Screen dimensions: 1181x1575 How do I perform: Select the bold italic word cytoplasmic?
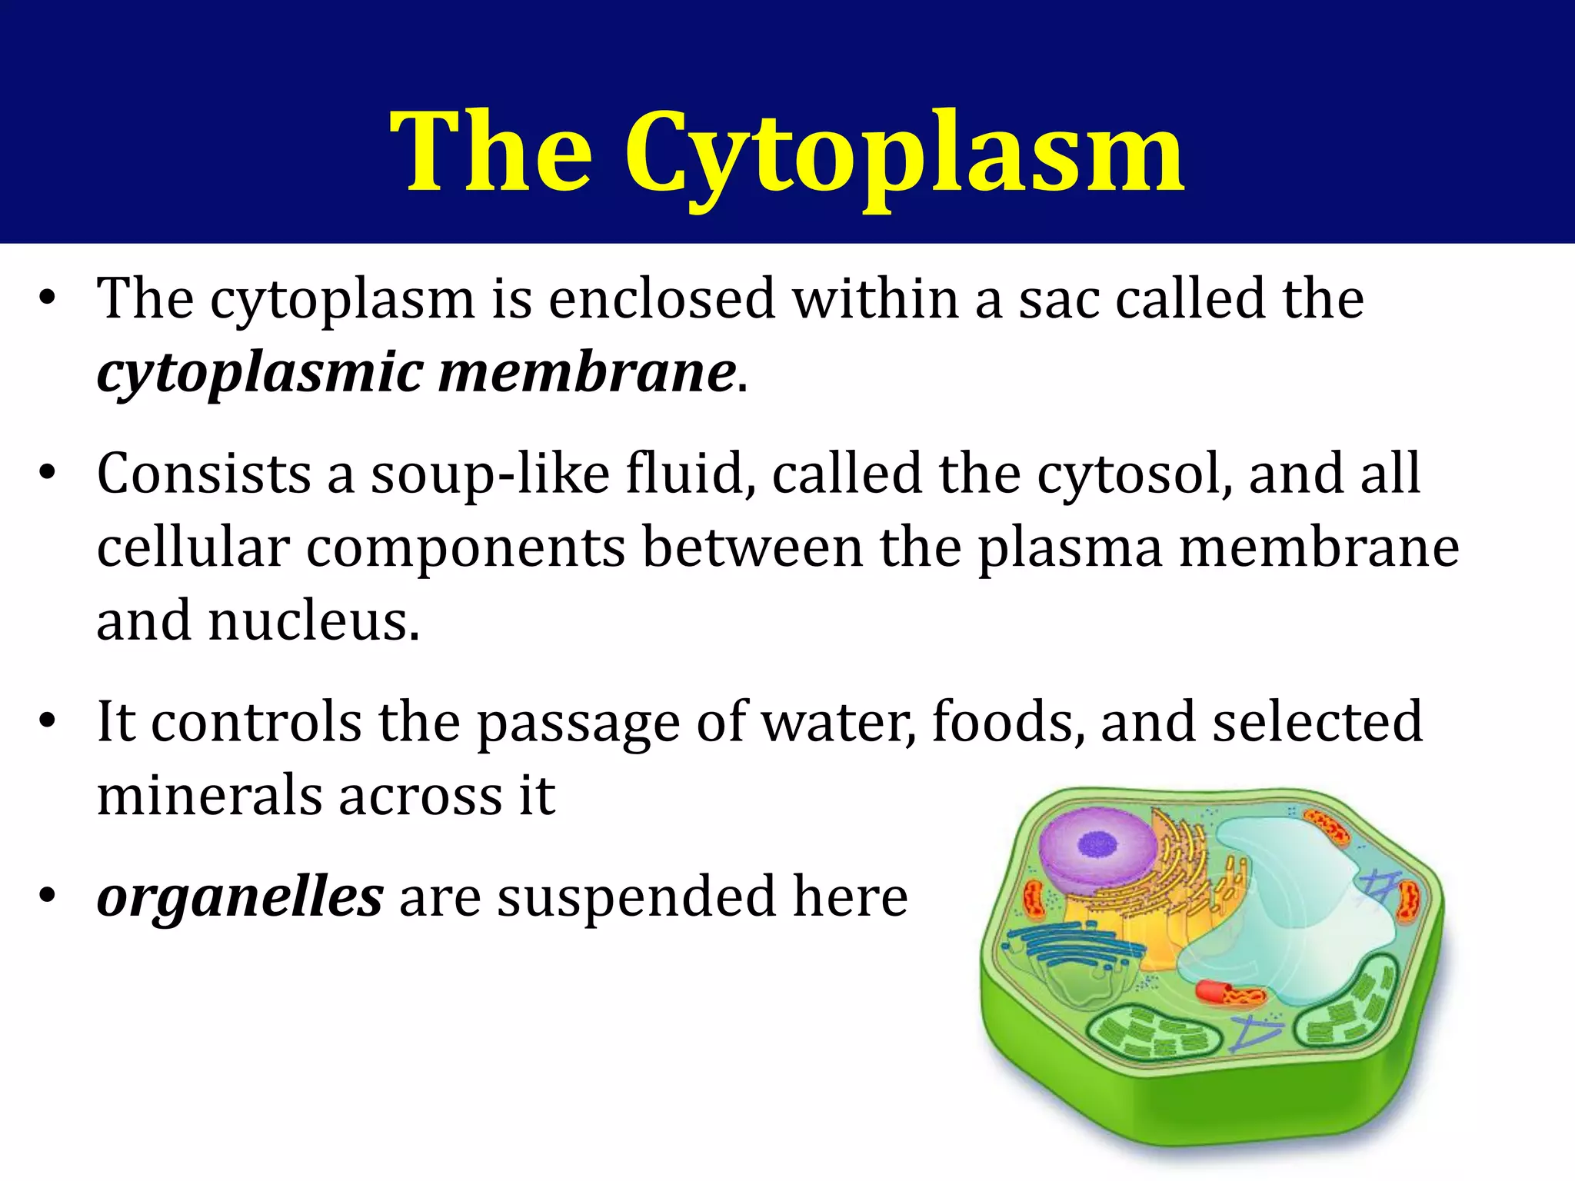[260, 374]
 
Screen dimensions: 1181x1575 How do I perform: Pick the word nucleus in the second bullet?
[313, 621]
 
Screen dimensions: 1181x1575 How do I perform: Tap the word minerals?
[209, 795]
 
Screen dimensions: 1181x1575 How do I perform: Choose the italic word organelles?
[240, 898]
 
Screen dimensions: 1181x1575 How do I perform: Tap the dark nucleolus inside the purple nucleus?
[1097, 844]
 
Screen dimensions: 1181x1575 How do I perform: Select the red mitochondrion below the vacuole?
[1228, 993]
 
